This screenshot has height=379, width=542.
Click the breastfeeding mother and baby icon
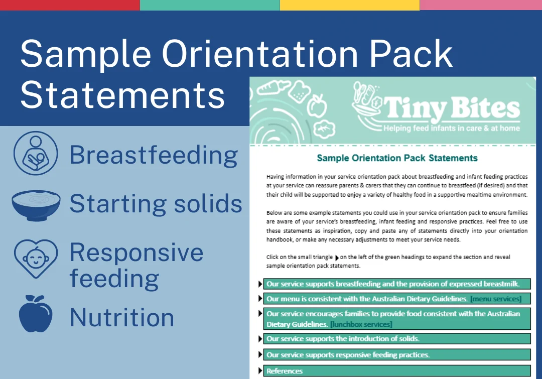[36, 153]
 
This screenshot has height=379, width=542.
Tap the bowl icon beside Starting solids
[36, 205]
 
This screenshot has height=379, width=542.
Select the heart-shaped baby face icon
[36, 259]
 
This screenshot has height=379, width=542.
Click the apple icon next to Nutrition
[36, 314]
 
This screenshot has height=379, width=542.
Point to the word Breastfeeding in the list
[154, 155]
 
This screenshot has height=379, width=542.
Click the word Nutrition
[122, 317]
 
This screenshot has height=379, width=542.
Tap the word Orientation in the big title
[259, 54]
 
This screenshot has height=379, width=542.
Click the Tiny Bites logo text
[452, 107]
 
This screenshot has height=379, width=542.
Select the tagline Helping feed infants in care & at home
[452, 129]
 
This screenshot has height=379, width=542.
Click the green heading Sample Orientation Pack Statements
[397, 158]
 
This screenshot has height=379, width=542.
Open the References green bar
[397, 370]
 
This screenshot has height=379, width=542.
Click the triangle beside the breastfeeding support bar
[260, 284]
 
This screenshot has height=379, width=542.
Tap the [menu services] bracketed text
[496, 299]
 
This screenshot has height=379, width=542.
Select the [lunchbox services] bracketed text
[361, 324]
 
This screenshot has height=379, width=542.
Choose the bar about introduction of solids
[397, 338]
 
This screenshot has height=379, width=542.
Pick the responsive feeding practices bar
[397, 355]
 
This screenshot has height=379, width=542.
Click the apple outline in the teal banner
[317, 106]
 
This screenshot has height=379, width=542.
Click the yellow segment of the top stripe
[350, 5]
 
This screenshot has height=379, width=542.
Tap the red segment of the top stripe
[70, 5]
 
